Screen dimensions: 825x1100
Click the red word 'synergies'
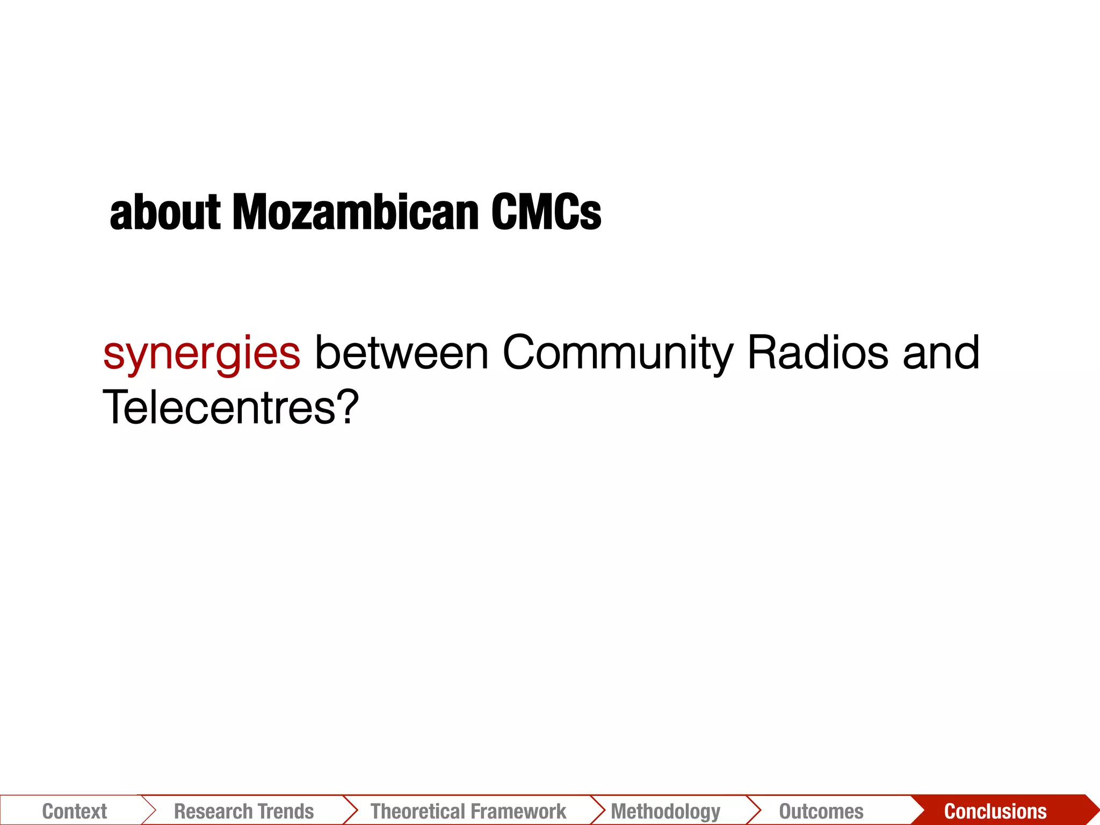click(201, 354)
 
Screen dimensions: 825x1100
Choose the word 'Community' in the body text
click(618, 354)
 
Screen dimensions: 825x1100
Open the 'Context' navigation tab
click(74, 811)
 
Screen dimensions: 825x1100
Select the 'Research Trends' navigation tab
click(244, 811)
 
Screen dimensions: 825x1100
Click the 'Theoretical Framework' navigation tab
click(468, 811)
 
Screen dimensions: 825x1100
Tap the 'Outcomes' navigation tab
click(821, 811)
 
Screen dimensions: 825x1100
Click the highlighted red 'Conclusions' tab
click(995, 811)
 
